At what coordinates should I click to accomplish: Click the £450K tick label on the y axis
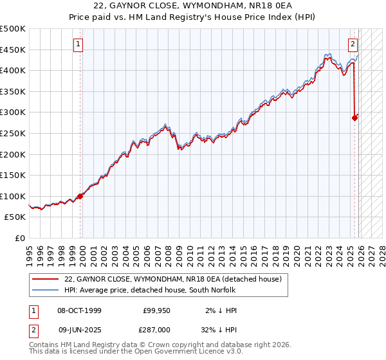point(13,50)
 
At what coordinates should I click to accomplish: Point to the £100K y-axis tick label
point(13,196)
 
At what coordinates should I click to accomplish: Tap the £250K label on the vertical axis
point(13,133)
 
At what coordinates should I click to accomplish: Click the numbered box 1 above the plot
point(78,44)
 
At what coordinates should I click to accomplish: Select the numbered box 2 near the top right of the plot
point(353,44)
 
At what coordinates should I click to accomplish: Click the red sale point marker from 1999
point(80,196)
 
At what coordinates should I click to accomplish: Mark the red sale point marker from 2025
point(354,118)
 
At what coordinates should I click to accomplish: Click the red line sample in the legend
point(44,279)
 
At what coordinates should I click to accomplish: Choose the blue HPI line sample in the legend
point(44,290)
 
